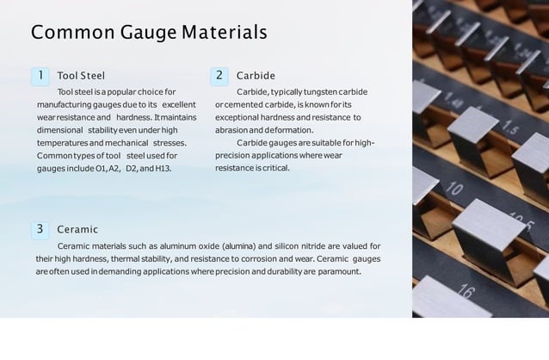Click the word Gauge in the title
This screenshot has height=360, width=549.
pyautogui.click(x=157, y=33)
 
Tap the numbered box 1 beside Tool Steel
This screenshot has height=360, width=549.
pyautogui.click(x=40, y=76)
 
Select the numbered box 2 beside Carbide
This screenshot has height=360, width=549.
pyautogui.click(x=219, y=76)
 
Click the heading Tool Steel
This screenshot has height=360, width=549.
pyautogui.click(x=81, y=76)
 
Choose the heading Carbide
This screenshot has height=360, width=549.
pyautogui.click(x=256, y=76)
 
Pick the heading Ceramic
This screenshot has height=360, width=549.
pyautogui.click(x=77, y=230)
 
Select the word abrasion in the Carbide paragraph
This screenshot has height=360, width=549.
pyautogui.click(x=231, y=129)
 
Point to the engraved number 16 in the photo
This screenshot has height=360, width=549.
pyautogui.click(x=465, y=292)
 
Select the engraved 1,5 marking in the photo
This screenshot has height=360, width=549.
pyautogui.click(x=509, y=128)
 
